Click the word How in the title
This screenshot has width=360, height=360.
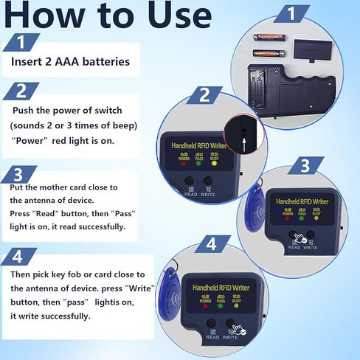(x=48, y=15)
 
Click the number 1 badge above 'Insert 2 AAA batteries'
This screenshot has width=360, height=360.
(x=24, y=43)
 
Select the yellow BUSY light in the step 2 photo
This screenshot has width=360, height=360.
(x=214, y=164)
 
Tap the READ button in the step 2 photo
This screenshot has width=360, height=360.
(x=190, y=181)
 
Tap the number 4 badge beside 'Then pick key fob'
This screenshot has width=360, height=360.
(x=22, y=258)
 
